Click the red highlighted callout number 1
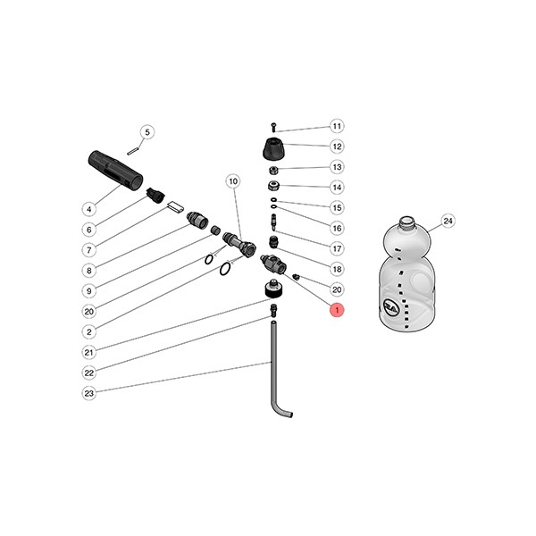pyautogui.click(x=337, y=310)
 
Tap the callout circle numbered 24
pyautogui.click(x=448, y=221)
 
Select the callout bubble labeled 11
pyautogui.click(x=337, y=126)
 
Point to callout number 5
pyautogui.click(x=147, y=132)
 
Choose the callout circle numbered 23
pyautogui.click(x=88, y=393)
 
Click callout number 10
pyautogui.click(x=232, y=181)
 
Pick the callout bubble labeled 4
pyautogui.click(x=88, y=209)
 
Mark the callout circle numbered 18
pyautogui.click(x=337, y=269)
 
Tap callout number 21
pyautogui.click(x=88, y=352)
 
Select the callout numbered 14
pyautogui.click(x=337, y=188)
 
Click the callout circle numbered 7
pyautogui.click(x=88, y=249)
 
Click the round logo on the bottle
pyautogui.click(x=390, y=306)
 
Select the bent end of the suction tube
pyautogui.click(x=284, y=412)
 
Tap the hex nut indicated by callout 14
pyautogui.click(x=274, y=187)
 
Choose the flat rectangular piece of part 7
pyautogui.click(x=174, y=206)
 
